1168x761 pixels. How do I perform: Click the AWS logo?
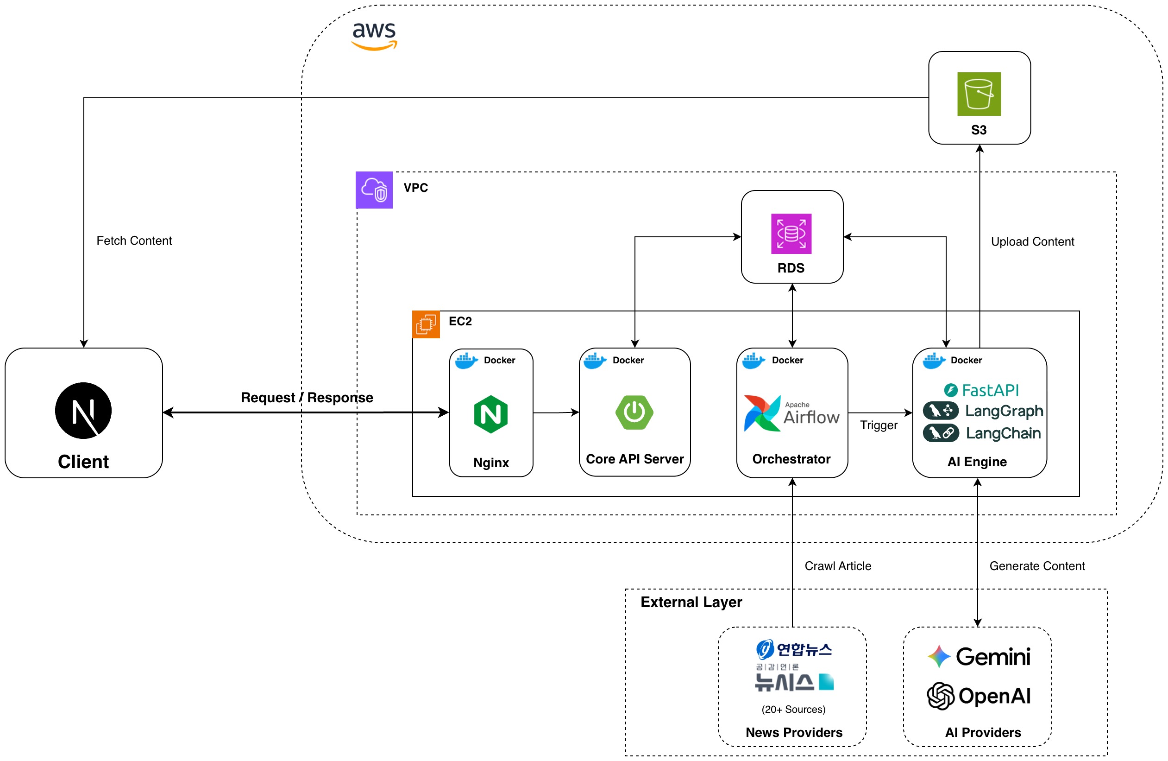(x=374, y=35)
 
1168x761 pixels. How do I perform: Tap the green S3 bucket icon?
(x=979, y=94)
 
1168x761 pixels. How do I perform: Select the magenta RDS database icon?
(x=791, y=234)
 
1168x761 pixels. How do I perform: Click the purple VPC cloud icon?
(x=374, y=190)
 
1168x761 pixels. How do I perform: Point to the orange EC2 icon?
(x=426, y=324)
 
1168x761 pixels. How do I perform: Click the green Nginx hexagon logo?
(x=491, y=414)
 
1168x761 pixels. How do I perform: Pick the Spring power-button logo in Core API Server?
(x=634, y=412)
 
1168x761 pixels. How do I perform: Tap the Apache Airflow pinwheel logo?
(x=762, y=413)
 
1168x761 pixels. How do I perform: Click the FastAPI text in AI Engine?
(x=989, y=390)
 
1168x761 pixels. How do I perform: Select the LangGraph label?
(x=1004, y=411)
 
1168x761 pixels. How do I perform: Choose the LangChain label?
(x=1003, y=433)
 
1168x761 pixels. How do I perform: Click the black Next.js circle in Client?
(x=83, y=411)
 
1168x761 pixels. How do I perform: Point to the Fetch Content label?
(x=134, y=241)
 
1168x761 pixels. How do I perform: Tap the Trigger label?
(x=879, y=425)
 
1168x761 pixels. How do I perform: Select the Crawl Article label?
(x=838, y=566)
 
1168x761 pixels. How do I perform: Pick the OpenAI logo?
(x=979, y=696)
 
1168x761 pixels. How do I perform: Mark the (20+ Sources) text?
(x=793, y=710)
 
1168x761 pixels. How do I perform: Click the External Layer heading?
(x=691, y=602)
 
